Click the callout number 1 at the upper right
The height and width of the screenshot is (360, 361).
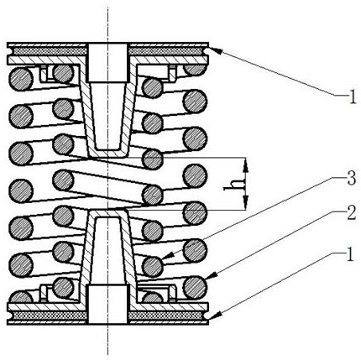pyautogui.click(x=353, y=97)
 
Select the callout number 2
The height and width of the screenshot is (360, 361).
pyautogui.click(x=351, y=213)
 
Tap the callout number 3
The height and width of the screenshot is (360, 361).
pyautogui.click(x=351, y=179)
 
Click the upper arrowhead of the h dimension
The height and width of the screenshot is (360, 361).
pyautogui.click(x=245, y=167)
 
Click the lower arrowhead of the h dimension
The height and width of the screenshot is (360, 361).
pyautogui.click(x=245, y=201)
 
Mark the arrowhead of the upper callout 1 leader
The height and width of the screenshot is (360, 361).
pyautogui.click(x=216, y=50)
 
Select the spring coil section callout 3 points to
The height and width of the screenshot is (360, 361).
pyautogui.click(x=152, y=266)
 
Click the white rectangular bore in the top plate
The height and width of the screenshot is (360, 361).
pyautogui.click(x=108, y=63)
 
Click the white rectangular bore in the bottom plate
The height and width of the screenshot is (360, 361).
pyautogui.click(x=108, y=305)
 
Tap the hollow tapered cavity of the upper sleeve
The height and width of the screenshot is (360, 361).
pyautogui.click(x=108, y=116)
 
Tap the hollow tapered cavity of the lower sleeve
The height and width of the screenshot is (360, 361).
pyautogui.click(x=108, y=251)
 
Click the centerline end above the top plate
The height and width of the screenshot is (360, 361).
pyautogui.click(x=108, y=6)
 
